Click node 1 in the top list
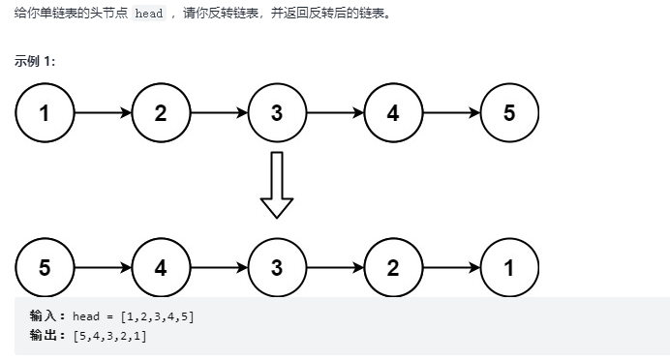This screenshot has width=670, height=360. tap(45, 113)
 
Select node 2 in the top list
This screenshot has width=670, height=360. tap(161, 113)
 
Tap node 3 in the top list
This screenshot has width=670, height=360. tap(277, 113)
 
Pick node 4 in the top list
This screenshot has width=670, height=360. tap(393, 113)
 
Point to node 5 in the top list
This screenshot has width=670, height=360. tap(509, 113)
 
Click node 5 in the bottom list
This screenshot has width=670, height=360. tap(45, 268)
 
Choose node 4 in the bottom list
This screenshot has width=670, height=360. tap(161, 268)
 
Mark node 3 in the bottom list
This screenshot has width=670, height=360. tap(277, 268)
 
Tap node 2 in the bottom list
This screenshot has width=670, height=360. tap(393, 268)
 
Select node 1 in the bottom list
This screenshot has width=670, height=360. tap(509, 268)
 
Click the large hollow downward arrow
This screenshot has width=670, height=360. tap(277, 186)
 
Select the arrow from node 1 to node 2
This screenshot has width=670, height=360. tap(103, 113)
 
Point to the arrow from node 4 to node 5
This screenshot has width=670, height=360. tap(451, 113)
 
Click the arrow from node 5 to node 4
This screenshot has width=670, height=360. tap(103, 268)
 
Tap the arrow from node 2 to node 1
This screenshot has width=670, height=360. tap(451, 268)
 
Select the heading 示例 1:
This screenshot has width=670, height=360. tap(35, 61)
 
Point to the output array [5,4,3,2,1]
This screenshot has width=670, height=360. tap(109, 335)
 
